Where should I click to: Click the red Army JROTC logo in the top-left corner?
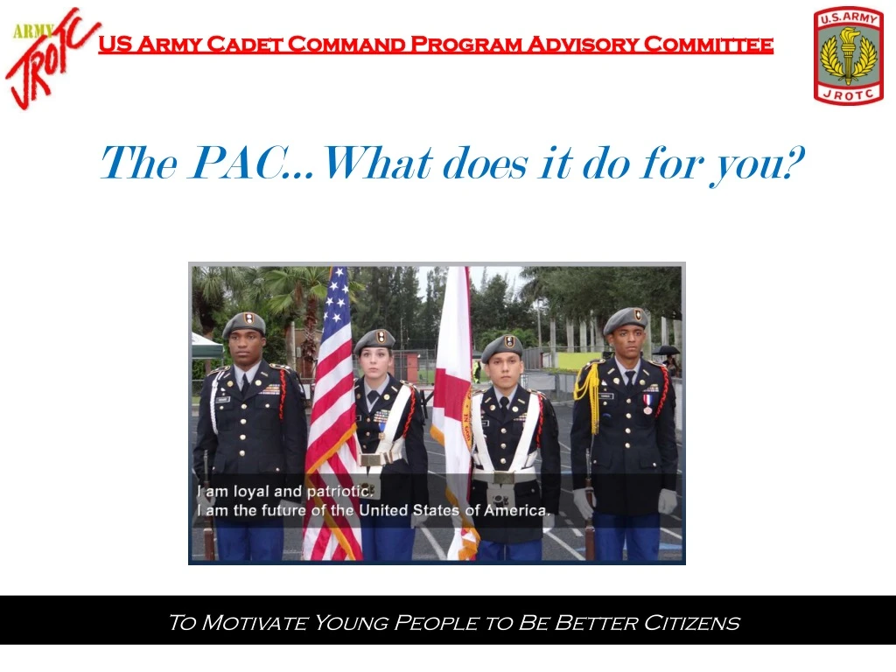coord(51,58)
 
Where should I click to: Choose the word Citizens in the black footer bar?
coord(691,623)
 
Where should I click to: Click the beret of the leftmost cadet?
coord(244,324)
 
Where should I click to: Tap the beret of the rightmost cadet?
coord(625,319)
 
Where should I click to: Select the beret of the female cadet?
coord(374,339)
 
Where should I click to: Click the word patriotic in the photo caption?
coord(341,491)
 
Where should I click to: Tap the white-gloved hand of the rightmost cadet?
coord(668,501)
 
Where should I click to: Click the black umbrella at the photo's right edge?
coord(667,350)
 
